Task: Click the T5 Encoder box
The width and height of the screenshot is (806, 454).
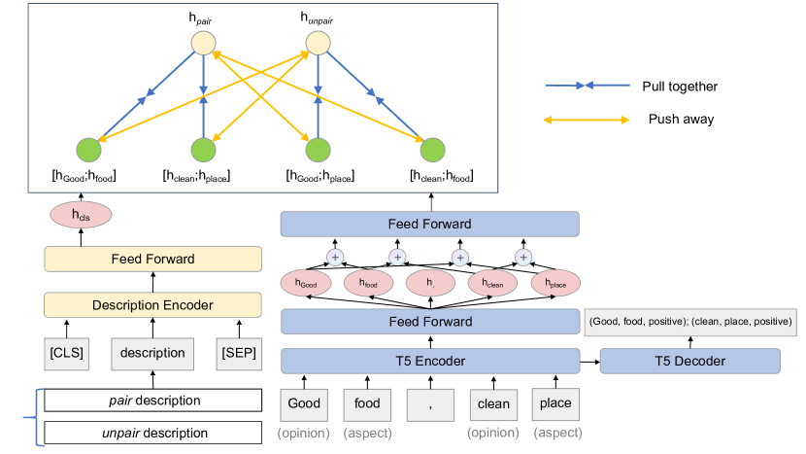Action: click(x=429, y=361)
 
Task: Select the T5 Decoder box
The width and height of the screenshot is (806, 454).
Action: click(x=690, y=361)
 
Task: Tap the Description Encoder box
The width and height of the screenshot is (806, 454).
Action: click(x=153, y=304)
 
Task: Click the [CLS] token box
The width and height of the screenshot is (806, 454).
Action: click(x=67, y=352)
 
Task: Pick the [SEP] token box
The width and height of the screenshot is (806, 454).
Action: click(x=239, y=352)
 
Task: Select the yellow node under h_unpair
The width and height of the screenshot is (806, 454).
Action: click(x=319, y=43)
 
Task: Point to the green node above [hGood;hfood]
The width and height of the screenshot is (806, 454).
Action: click(x=88, y=150)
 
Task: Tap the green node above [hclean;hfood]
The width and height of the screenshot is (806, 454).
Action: click(x=431, y=150)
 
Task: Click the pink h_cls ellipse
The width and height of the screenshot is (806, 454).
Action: click(x=81, y=215)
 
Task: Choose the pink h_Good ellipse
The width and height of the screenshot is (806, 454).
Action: click(x=306, y=283)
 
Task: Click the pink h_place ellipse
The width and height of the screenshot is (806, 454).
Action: click(x=554, y=283)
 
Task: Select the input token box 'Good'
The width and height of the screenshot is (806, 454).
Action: click(x=304, y=403)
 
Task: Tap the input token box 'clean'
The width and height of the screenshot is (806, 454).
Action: click(x=492, y=403)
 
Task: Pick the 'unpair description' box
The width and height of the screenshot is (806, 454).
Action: click(x=152, y=432)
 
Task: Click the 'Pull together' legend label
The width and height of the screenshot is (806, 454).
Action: click(x=680, y=87)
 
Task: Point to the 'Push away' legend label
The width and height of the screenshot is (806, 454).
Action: click(x=681, y=120)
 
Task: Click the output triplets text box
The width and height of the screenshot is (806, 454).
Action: click(x=691, y=321)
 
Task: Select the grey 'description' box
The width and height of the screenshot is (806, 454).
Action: click(x=153, y=352)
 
